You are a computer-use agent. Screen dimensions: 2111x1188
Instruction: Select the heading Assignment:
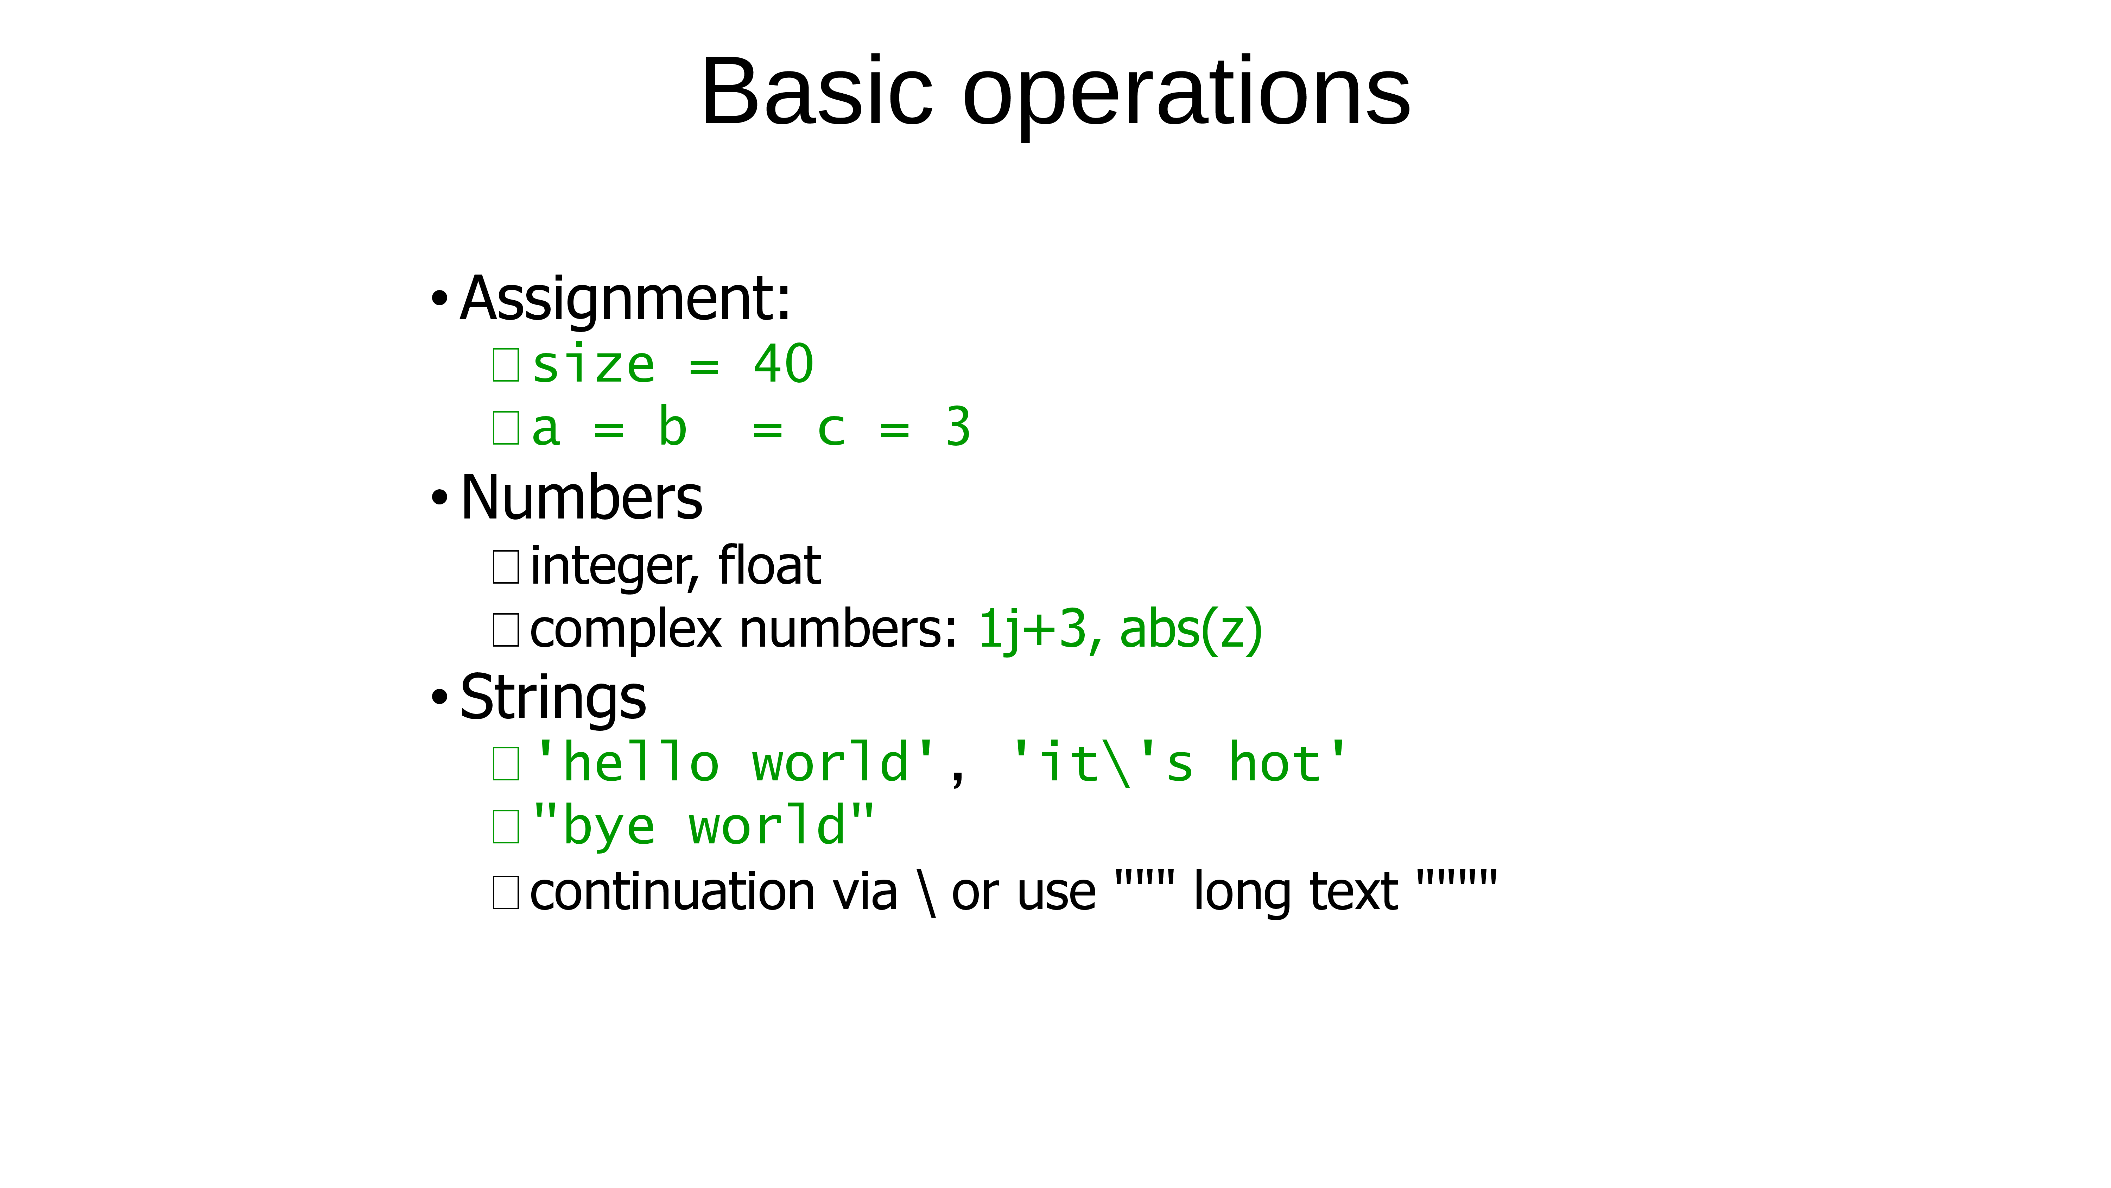[x=625, y=300]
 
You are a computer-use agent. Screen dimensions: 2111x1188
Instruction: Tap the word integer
[x=614, y=568]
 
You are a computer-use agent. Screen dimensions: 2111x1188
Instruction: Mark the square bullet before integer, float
[x=506, y=566]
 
